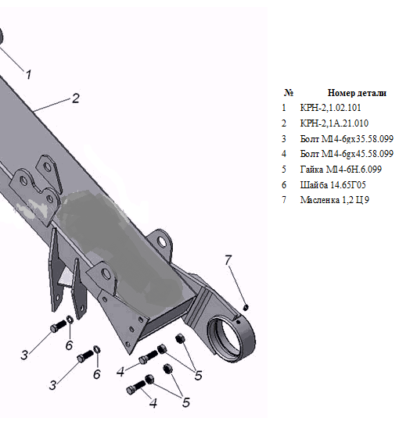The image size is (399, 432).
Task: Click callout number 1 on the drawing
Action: [x=28, y=75]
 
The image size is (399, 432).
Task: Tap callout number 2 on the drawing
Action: [x=76, y=98]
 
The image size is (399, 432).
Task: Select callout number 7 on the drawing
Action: [x=228, y=259]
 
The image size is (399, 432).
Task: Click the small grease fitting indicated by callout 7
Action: [x=246, y=306]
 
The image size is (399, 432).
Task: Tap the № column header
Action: [x=288, y=92]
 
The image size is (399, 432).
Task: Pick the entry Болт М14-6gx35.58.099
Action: [x=347, y=139]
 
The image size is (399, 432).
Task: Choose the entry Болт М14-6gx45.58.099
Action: [x=347, y=154]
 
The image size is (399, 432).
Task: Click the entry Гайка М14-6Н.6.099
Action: [x=341, y=170]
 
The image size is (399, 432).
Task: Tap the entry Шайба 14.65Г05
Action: [x=333, y=185]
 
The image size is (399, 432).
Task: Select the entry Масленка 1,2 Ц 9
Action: [x=335, y=200]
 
